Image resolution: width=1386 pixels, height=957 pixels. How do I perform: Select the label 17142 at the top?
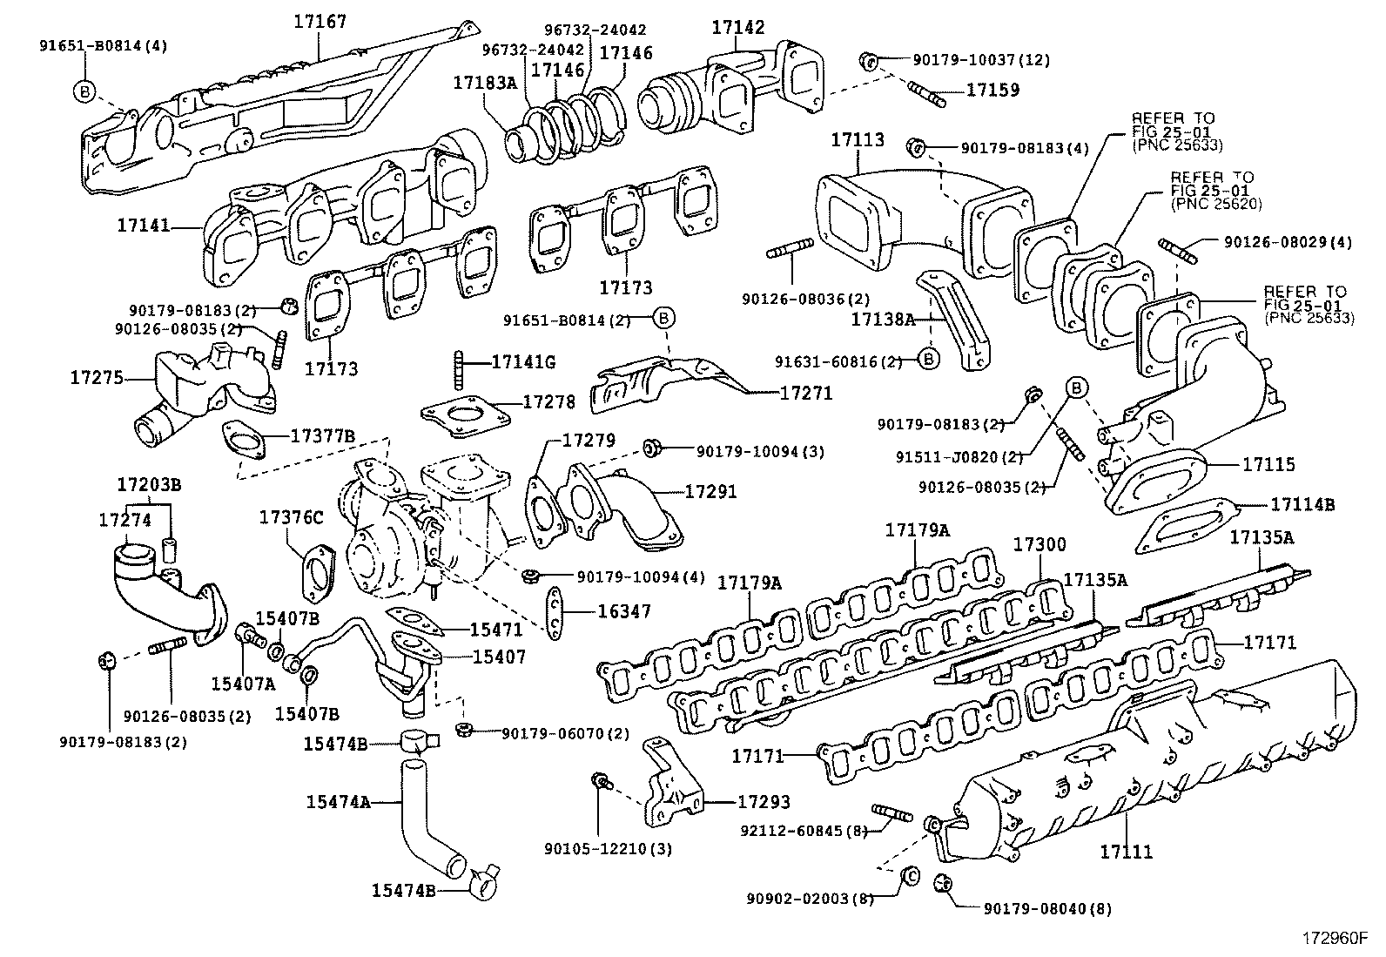coord(737,27)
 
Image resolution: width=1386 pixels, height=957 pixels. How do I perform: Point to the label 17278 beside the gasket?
coord(548,401)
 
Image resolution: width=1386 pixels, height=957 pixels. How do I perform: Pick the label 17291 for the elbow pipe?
coord(710,492)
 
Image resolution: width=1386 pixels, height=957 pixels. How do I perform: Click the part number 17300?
coord(1039,545)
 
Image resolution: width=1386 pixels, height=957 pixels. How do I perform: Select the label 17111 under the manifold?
coord(1126,852)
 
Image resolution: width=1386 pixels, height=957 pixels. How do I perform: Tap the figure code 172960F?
coord(1335,939)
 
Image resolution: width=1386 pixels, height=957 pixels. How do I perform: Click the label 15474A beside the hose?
coord(337,800)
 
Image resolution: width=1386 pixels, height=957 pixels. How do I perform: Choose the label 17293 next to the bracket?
coord(764,802)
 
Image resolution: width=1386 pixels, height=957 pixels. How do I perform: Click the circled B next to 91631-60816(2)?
coord(928,358)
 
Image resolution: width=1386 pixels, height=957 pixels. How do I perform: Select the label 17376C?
coord(291,518)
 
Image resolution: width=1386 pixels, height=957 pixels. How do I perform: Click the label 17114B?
coord(1302,504)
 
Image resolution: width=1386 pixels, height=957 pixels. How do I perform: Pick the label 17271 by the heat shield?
coord(805,394)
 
